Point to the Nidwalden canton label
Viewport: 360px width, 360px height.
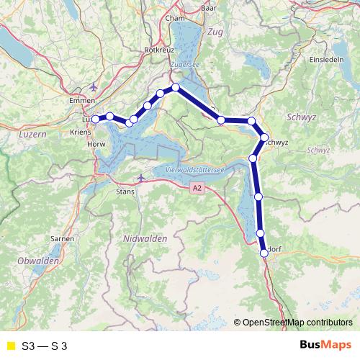pos(145,238)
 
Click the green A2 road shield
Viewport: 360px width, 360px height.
pos(198,188)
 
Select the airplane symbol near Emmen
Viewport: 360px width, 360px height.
pos(95,87)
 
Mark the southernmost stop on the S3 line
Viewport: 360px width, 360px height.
pos(264,252)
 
